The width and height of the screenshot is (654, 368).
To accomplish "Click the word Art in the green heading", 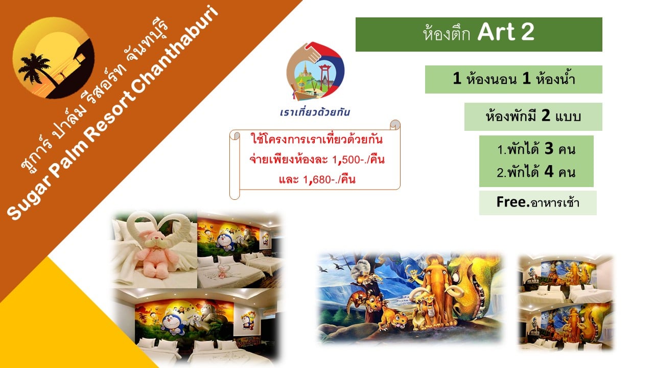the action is [x=496, y=32].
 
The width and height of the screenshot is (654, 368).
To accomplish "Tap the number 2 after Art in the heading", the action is [x=528, y=32].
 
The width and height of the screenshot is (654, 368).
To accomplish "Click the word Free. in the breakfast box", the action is [x=513, y=202].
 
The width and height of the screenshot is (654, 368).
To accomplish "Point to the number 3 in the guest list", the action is [x=549, y=149].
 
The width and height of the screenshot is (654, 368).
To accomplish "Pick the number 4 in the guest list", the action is [x=549, y=171].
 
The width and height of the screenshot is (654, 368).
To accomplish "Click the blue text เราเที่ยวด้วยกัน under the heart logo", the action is [x=315, y=112].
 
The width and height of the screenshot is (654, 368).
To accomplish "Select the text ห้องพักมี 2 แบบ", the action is [x=533, y=116].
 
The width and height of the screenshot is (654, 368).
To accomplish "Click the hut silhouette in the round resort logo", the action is [x=79, y=56].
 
